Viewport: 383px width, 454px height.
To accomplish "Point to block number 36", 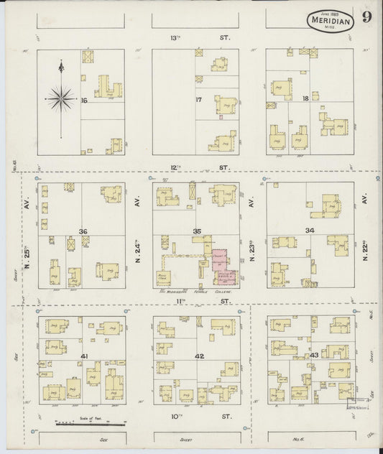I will [x=83, y=231].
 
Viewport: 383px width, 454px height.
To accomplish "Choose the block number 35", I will [x=197, y=231].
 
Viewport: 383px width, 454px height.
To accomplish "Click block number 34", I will [x=309, y=231].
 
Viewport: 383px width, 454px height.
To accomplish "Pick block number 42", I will [x=199, y=356].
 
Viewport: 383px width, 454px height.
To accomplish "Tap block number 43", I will [x=314, y=356].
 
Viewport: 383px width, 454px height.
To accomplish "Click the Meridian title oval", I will [x=333, y=21].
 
